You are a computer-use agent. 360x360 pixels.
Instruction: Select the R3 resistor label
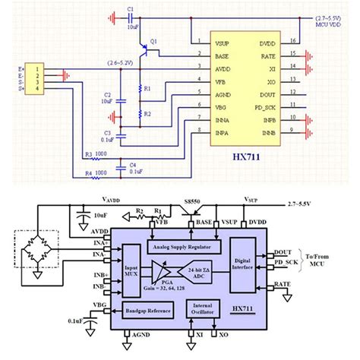click(88, 154)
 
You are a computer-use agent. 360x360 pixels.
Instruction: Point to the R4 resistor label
click(88, 172)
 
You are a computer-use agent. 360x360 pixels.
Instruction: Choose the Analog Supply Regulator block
click(182, 246)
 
